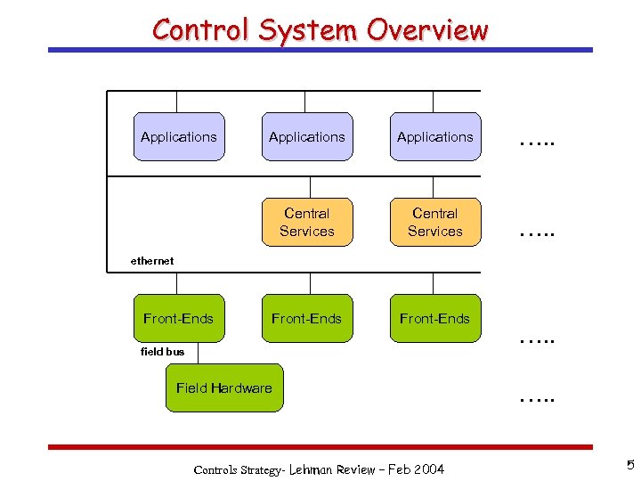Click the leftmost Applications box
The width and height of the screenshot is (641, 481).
(x=179, y=137)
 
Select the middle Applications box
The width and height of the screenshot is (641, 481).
(x=307, y=137)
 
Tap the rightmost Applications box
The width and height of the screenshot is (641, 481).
(x=435, y=137)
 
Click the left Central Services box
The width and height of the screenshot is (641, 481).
(x=307, y=222)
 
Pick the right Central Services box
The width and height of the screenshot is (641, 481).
(x=435, y=222)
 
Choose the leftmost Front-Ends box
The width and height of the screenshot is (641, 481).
(x=179, y=319)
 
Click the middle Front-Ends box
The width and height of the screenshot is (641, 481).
(x=307, y=319)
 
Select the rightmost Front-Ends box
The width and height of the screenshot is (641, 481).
(x=435, y=319)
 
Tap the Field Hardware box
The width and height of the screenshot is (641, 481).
(x=224, y=388)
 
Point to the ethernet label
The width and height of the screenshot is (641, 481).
(x=152, y=261)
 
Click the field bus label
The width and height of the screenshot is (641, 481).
(x=163, y=352)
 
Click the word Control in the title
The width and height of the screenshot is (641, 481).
(x=201, y=30)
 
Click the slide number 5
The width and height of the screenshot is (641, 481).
(x=629, y=465)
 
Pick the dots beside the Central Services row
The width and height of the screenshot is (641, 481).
(x=536, y=234)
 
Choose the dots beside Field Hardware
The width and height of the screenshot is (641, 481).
(x=536, y=400)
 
